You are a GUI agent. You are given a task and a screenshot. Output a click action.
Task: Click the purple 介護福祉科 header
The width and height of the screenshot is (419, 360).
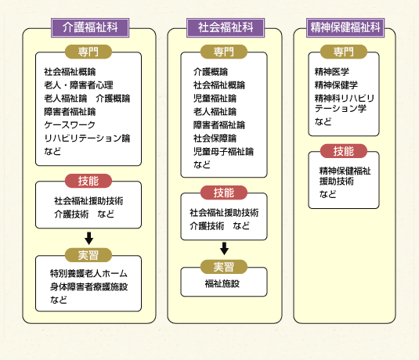point(90,27)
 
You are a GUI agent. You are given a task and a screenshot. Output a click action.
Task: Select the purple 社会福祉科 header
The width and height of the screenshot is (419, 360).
point(226,27)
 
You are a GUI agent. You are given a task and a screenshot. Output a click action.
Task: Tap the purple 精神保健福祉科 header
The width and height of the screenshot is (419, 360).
point(345,27)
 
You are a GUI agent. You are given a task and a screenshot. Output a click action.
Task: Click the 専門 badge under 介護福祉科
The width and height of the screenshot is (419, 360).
point(88,52)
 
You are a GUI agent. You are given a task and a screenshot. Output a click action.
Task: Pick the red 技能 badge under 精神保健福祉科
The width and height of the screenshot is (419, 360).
point(344,151)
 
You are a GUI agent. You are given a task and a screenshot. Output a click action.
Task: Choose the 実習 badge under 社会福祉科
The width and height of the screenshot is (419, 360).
point(224,267)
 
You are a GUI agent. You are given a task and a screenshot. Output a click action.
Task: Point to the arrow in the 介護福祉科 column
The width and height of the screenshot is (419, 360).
point(89,238)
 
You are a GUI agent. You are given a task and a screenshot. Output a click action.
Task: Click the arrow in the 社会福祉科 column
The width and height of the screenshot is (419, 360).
point(224,249)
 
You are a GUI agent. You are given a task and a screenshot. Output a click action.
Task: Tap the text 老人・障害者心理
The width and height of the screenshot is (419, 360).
point(78,85)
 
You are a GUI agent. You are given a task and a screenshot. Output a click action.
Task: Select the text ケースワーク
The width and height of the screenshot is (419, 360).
point(70,125)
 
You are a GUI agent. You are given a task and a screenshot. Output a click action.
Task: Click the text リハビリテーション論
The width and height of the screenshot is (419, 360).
point(87,139)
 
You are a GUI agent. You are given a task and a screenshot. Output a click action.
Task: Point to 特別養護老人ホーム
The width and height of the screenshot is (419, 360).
point(88,273)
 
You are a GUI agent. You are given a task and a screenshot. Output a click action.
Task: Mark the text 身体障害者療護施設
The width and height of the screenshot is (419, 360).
point(88,286)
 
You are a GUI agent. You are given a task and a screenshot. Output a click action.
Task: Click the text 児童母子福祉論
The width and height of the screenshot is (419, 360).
point(223,152)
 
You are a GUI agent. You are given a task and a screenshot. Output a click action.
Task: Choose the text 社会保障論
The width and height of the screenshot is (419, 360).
point(215,139)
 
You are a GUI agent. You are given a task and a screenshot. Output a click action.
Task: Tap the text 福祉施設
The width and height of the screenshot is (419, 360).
point(222,283)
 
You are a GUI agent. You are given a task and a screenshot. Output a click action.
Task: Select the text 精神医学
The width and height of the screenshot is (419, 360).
point(331,72)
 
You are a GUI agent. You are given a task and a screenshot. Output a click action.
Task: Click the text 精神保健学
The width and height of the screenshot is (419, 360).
point(336,85)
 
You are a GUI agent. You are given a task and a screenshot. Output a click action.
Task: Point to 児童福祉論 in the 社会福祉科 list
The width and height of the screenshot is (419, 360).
point(215,99)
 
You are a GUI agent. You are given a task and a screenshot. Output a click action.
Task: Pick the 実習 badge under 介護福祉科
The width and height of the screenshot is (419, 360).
point(88,255)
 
